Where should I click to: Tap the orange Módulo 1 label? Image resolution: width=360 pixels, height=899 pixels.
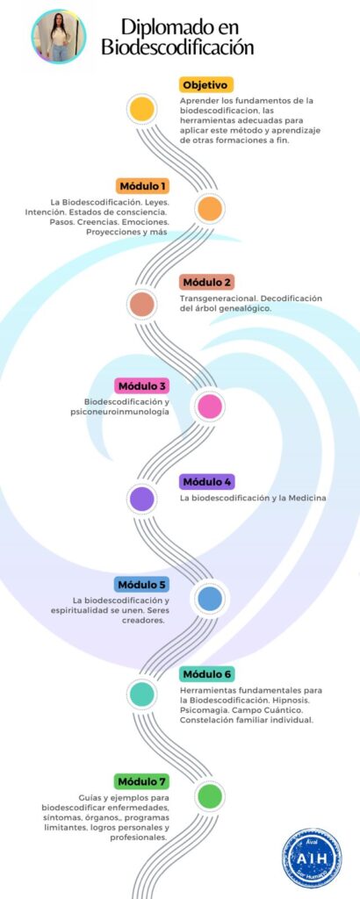(143, 186)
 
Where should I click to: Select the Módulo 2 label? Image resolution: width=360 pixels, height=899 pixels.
(206, 282)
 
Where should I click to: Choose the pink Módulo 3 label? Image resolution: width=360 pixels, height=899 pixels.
(141, 385)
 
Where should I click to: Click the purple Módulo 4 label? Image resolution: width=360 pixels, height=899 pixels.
(206, 482)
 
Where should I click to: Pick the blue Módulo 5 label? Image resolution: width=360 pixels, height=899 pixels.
(141, 584)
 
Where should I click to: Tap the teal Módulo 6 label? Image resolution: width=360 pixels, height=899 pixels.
(206, 673)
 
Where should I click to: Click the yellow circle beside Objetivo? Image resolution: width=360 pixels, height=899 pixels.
(141, 109)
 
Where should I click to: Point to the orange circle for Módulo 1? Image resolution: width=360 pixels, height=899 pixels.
(209, 209)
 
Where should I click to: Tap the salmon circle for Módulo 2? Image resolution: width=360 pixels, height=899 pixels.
(141, 305)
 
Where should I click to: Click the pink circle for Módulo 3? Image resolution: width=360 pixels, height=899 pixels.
(209, 406)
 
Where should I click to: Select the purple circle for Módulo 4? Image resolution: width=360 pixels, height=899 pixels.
(141, 499)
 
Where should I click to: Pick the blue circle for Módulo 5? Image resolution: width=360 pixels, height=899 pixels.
(209, 599)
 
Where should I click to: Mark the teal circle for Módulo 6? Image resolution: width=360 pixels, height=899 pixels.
(141, 694)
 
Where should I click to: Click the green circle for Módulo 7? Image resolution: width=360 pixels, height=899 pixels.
(209, 795)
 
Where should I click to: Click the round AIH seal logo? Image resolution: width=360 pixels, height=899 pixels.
(312, 859)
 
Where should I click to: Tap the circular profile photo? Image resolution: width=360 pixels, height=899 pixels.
(59, 36)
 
